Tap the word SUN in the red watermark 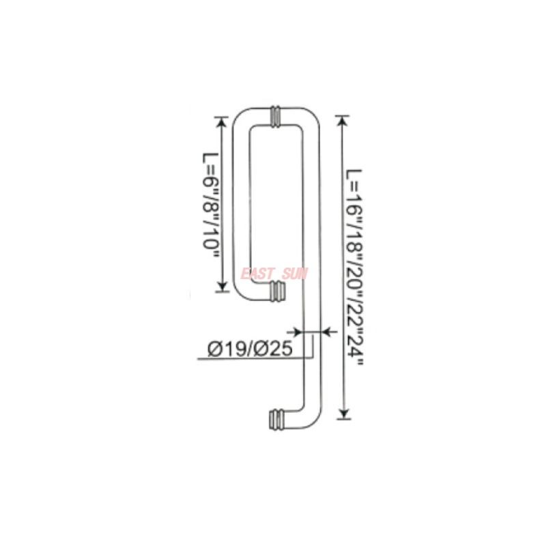tap(294, 274)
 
